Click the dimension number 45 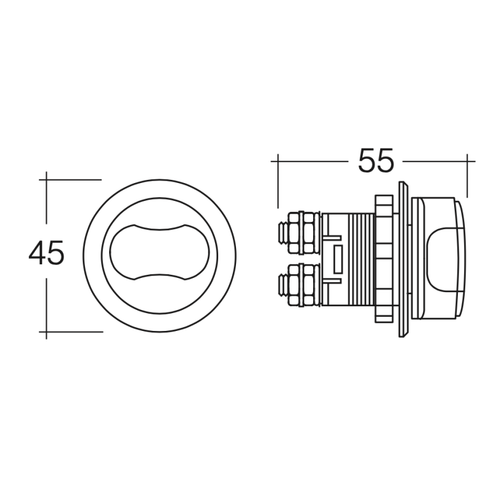pyautogui.click(x=46, y=253)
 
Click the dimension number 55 pyautogui.click(x=376, y=160)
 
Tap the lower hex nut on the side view pyautogui.click(x=301, y=285)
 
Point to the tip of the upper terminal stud pyautogui.click(x=279, y=233)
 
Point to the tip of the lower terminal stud pyautogui.click(x=279, y=285)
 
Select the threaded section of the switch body pyautogui.click(x=361, y=259)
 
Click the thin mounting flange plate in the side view pyautogui.click(x=403, y=259)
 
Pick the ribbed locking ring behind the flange pyautogui.click(x=384, y=259)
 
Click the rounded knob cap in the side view pyautogui.click(x=439, y=259)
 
